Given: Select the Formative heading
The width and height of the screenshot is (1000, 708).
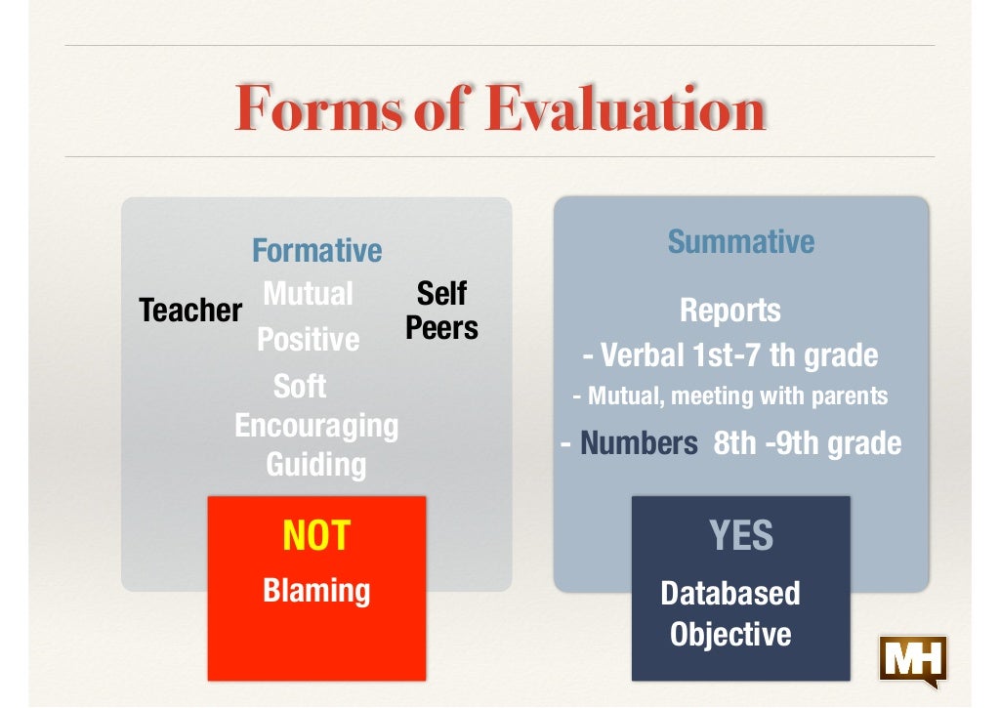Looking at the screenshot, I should pos(316,251).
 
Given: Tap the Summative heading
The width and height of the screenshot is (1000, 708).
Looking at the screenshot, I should pos(740,241).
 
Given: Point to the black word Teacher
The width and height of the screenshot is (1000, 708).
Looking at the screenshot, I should pos(190,311).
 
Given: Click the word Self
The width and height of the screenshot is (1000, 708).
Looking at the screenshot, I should pos(441,293).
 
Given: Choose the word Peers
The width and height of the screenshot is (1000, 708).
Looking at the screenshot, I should pos(441,328).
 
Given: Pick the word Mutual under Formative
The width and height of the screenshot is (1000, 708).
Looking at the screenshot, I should pos(308,293).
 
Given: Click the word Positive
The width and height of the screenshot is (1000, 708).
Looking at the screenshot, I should pos(308,340).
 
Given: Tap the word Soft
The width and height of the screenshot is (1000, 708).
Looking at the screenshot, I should pos(300,386).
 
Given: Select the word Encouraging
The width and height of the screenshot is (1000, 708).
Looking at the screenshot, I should pos(316,426).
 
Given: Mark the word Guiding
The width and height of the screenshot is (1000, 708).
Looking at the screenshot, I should pos(316,464).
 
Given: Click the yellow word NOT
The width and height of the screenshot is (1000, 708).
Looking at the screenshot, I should pos(316,536).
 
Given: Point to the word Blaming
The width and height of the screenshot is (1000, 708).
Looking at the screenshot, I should pos(316,591).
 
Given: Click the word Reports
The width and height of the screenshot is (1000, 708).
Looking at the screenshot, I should pos(729,311).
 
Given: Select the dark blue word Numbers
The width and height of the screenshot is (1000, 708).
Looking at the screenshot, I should pos(639,444).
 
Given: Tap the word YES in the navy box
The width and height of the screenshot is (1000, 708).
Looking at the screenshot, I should pos(740,535).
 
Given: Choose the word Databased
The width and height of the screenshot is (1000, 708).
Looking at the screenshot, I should pos(729,593).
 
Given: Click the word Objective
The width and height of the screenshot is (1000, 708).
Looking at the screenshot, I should pos(729,635).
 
